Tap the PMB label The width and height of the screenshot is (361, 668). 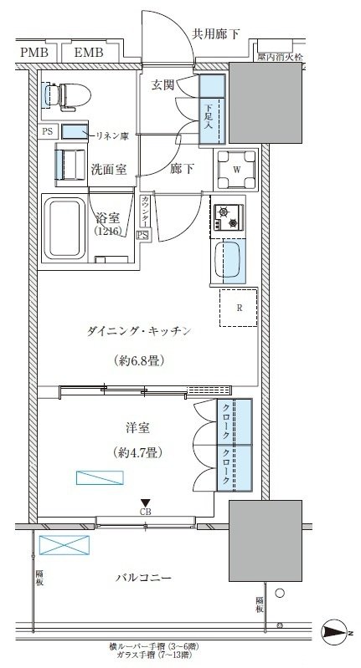point(34,54)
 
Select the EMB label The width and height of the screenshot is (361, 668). point(89,54)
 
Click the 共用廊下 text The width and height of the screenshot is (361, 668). point(216,33)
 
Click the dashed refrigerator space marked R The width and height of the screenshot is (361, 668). point(239,307)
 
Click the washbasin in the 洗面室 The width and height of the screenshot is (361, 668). point(70,162)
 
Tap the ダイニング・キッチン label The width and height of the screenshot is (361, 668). point(140,332)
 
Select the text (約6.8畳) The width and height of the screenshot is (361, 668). point(139,361)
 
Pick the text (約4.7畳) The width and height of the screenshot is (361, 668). point(136,452)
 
